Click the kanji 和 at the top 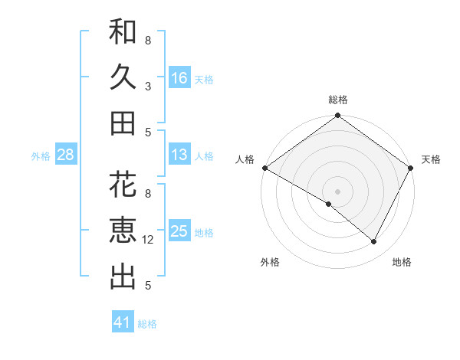[x=123, y=33]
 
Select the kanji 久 [x=123, y=77]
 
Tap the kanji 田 [x=123, y=123]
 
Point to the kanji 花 [x=123, y=185]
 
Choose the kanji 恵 [x=123, y=231]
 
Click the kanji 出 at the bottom [x=123, y=276]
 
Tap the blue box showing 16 [x=179, y=78]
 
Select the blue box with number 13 [x=179, y=155]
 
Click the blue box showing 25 [x=179, y=231]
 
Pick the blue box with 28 [x=66, y=155]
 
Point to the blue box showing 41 [x=123, y=322]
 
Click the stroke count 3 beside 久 [x=148, y=86]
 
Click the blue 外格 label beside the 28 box [x=41, y=155]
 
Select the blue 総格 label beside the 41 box [x=147, y=324]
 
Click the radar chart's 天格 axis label [x=431, y=159]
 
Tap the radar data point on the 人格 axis [x=264, y=168]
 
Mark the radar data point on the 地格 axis [x=374, y=242]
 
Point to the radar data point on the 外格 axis [x=329, y=205]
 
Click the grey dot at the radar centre [x=337, y=191]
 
